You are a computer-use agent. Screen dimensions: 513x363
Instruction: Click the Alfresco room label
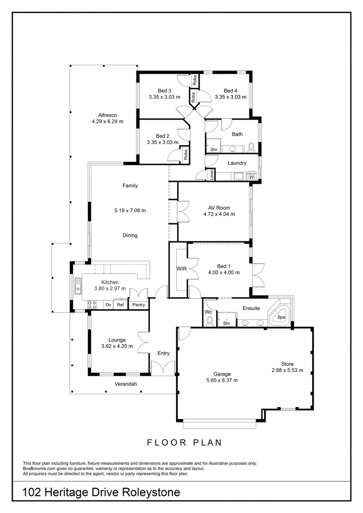click(107, 115)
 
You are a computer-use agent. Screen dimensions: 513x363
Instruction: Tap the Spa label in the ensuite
click(281, 316)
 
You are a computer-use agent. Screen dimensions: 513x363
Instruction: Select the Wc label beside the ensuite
click(208, 312)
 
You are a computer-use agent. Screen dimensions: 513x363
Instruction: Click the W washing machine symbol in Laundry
click(252, 177)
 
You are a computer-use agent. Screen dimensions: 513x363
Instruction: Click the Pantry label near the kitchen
click(139, 305)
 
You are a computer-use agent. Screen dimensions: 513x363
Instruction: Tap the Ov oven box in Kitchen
click(108, 305)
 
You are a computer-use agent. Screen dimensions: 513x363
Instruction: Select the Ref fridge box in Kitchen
click(121, 305)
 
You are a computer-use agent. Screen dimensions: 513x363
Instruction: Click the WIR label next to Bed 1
click(181, 269)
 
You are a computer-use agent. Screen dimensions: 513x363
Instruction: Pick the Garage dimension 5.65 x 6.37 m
click(222, 380)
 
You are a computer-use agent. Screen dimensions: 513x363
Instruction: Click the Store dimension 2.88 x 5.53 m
click(287, 370)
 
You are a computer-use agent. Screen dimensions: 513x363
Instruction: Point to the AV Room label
click(219, 208)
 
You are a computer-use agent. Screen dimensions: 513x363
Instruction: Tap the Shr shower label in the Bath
click(214, 149)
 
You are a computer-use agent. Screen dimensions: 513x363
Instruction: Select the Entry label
click(163, 353)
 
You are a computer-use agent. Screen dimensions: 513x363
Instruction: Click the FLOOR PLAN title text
click(184, 442)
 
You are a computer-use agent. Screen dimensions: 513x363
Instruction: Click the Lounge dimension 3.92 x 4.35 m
click(117, 346)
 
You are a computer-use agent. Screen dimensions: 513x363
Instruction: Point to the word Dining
click(130, 235)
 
